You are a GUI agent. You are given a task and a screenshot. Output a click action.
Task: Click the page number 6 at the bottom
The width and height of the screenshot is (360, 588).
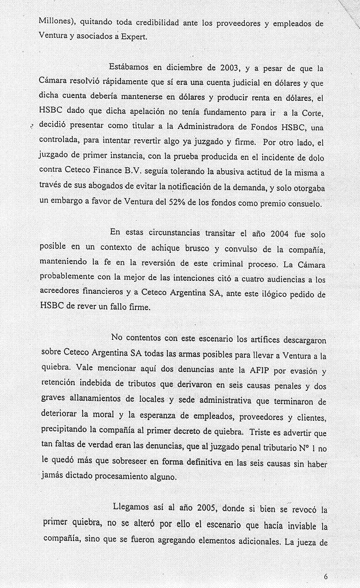(325, 575)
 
